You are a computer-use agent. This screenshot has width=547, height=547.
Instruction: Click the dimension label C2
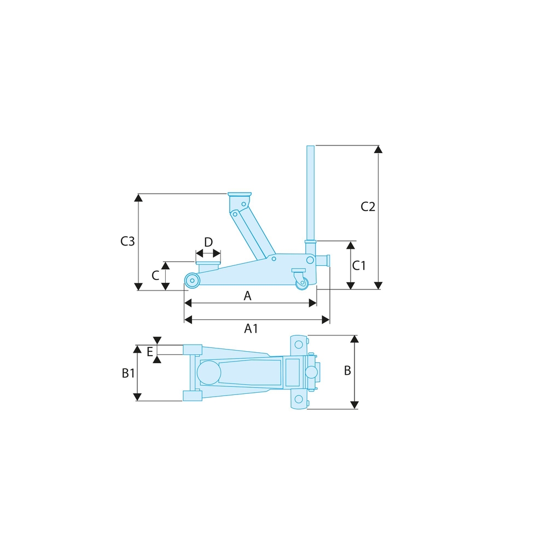pos(368,207)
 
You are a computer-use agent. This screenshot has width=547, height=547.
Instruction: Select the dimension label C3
pos(127,241)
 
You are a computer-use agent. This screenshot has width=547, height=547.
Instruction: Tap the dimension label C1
pos(359,266)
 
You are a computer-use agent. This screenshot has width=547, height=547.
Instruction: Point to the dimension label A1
pos(251,328)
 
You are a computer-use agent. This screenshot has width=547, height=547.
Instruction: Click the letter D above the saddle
pos(208,242)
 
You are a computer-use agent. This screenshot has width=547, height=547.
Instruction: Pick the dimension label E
pos(149,352)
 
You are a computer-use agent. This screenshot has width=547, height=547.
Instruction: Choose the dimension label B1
pos(128,374)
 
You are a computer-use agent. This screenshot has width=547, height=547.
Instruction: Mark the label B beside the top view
pos(347,371)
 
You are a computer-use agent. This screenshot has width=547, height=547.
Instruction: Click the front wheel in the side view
pos(192,281)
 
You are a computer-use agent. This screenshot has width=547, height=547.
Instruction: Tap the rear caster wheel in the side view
pos(301,283)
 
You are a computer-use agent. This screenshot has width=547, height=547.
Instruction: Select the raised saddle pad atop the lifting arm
pos(240,195)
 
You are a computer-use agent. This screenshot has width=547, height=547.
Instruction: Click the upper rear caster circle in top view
pos(298,345)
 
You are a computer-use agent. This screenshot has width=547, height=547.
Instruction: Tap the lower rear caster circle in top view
pos(298,399)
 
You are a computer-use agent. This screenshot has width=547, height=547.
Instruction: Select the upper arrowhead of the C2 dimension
pos(377,149)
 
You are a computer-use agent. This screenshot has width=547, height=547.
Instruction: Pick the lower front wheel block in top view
pos(192,395)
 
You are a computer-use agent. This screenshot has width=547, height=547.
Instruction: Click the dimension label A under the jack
pos(247,296)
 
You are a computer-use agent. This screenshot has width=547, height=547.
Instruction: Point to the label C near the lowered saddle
pos(155,275)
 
